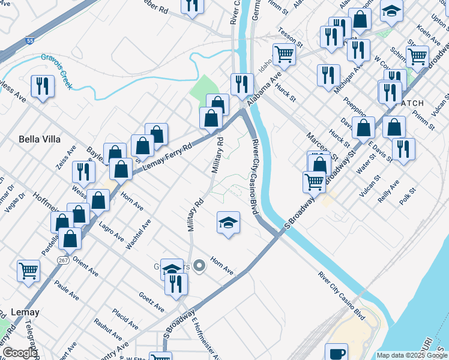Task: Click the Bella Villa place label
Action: pos(40,139)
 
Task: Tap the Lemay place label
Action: pos(25,312)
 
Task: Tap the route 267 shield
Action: pos(62,261)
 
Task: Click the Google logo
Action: pos(20,353)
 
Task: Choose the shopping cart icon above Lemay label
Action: pos(29,271)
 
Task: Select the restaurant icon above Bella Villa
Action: pos(42,86)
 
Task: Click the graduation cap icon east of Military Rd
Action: pos(228,223)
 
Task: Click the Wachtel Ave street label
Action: pos(138,235)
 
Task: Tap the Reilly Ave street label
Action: pos(388,190)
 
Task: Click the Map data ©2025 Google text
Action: pos(412,355)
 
